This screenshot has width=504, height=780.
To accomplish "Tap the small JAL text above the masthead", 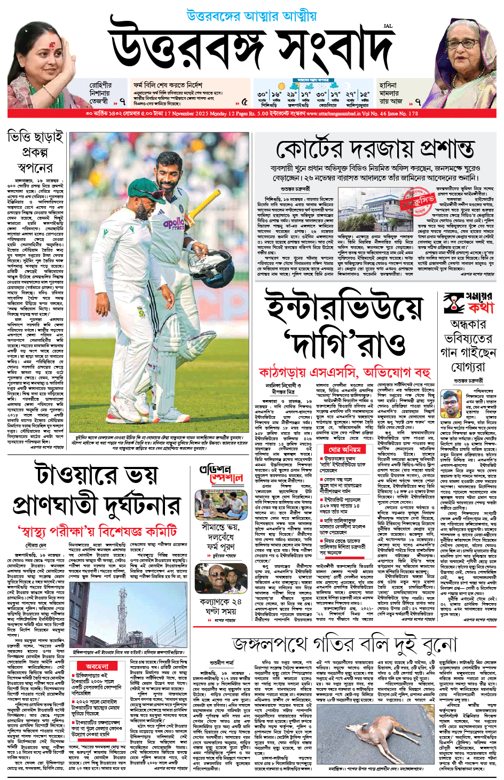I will [x=388, y=26].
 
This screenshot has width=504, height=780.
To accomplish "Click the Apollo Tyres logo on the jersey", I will [x=174, y=224].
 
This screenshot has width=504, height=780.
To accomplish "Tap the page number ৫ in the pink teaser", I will [x=245, y=102].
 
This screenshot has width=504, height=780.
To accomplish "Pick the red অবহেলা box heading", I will [x=97, y=666].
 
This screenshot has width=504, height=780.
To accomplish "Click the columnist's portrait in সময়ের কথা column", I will [x=452, y=404].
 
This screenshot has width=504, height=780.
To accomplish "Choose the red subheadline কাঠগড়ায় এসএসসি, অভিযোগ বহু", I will [x=344, y=372].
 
